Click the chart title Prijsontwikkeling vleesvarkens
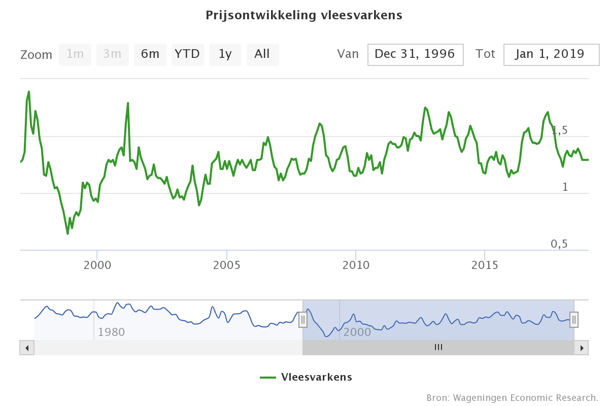[304, 15]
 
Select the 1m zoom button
[75, 54]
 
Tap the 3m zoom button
[113, 54]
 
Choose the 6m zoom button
[150, 54]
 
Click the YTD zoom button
[187, 54]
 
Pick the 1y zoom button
[225, 54]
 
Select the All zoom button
[262, 54]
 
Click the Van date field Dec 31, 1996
[415, 54]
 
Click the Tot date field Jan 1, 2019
[551, 54]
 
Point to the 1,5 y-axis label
[559, 130]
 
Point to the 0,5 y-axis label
[559, 244]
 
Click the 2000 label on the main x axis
[97, 265]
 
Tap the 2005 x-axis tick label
[227, 265]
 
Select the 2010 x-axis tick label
[356, 265]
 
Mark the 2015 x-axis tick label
[485, 265]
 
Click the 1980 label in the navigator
[111, 332]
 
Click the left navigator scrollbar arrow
[27, 348]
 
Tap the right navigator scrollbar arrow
[582, 348]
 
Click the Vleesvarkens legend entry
[306, 377]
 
